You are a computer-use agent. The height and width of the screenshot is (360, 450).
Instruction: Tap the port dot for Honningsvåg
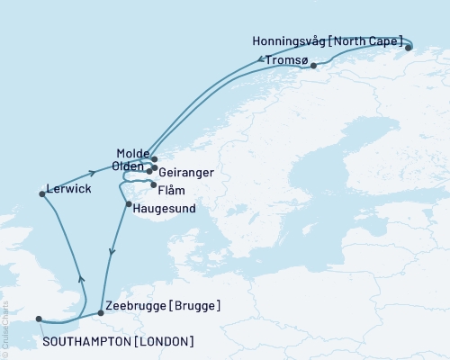coord(408,48)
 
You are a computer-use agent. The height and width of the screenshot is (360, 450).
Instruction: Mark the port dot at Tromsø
coord(313,66)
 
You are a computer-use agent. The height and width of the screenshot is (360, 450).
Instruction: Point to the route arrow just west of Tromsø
coord(262,60)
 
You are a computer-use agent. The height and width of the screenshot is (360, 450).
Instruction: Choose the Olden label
coord(129,166)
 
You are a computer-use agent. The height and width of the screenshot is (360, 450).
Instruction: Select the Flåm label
coord(170,190)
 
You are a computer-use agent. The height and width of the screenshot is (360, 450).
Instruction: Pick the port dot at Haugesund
coord(131,205)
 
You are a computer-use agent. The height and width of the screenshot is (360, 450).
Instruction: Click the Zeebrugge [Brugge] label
coord(163,306)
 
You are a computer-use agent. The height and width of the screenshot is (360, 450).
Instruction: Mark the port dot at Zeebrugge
coord(100,313)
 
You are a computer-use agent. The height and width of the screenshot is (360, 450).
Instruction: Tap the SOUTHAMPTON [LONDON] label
coord(118,341)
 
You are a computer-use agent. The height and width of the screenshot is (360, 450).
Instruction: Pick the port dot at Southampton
coord(38,318)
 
